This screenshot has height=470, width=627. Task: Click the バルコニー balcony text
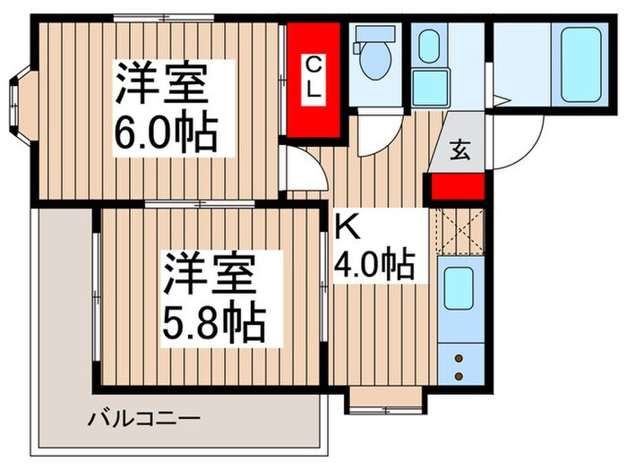coord(143,418)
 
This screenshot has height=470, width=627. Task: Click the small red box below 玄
coord(458,186)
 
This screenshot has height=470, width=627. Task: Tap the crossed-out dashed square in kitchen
coord(458,231)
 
